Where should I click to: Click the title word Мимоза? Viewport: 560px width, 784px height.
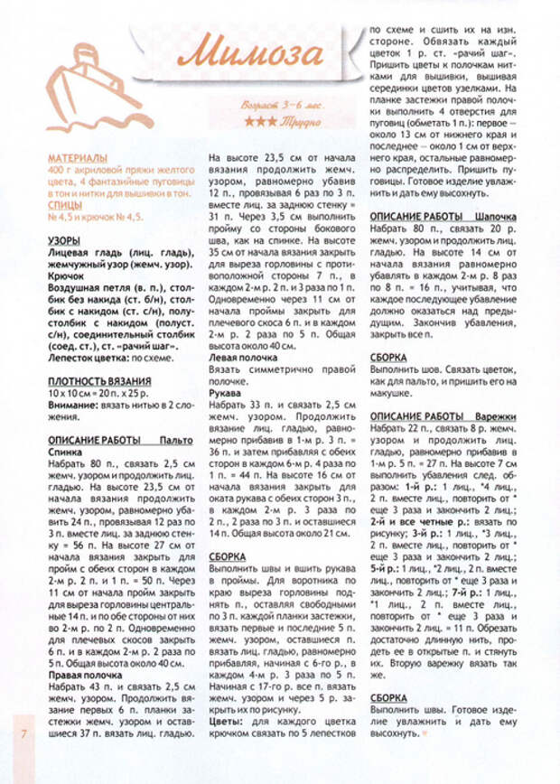[251, 53]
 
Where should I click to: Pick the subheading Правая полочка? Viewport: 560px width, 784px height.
[88, 674]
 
